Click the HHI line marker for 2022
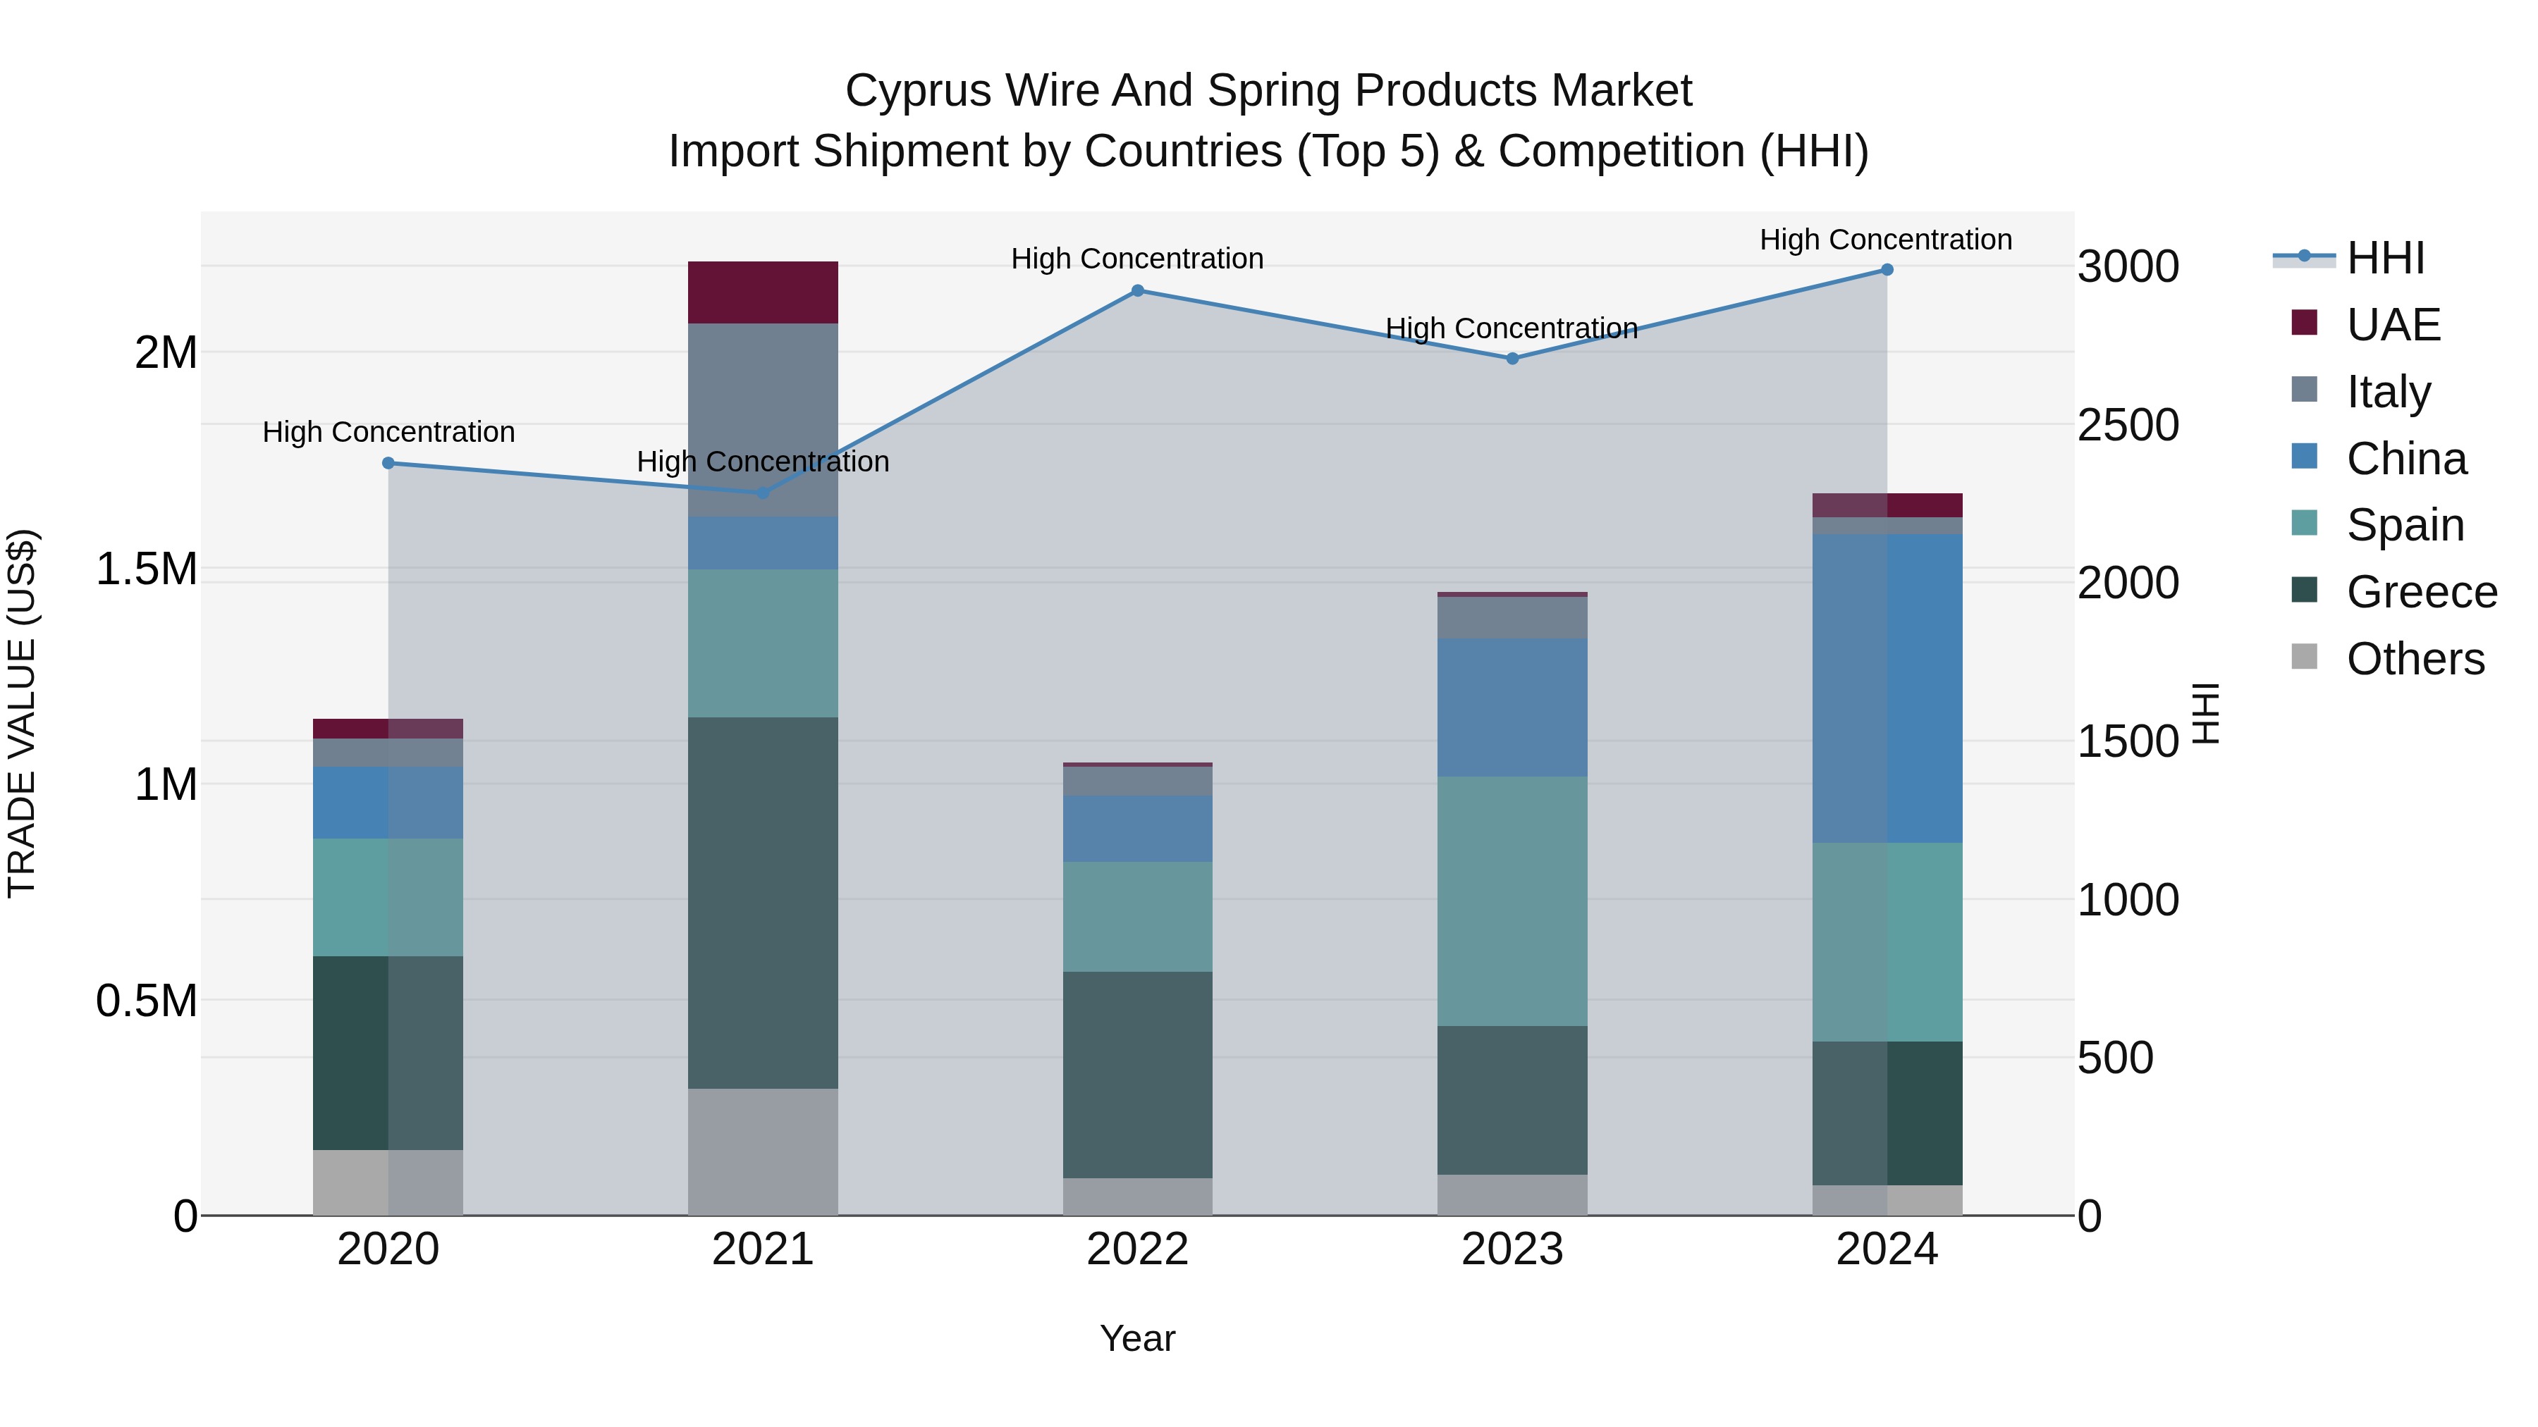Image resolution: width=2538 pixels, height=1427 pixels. [x=1137, y=290]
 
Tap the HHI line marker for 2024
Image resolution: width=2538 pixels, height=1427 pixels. [x=1887, y=270]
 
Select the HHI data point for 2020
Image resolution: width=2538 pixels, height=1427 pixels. [x=388, y=463]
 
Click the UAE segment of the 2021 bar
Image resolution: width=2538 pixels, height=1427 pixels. [x=763, y=292]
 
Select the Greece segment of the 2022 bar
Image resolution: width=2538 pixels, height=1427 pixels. [x=1137, y=1075]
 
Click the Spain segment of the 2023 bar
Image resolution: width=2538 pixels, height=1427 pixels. [x=1512, y=901]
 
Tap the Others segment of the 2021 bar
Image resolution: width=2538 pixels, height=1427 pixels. [x=763, y=1151]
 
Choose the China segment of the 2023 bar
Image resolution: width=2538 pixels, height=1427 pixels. [x=1512, y=707]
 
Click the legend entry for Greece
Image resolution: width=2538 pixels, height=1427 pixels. [x=2421, y=592]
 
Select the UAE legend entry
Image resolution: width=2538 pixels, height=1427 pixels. [x=2392, y=325]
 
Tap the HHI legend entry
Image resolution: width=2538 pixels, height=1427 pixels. [x=2384, y=258]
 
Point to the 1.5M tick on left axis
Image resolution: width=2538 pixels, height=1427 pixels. [x=146, y=569]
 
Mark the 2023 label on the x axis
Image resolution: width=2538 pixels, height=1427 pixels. [x=1512, y=1249]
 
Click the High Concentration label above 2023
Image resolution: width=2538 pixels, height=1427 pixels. [x=1512, y=328]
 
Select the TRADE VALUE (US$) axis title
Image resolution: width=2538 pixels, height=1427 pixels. [x=22, y=713]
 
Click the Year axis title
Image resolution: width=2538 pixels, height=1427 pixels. [x=1137, y=1338]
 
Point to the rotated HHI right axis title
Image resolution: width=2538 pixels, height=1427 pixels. [x=2205, y=713]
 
